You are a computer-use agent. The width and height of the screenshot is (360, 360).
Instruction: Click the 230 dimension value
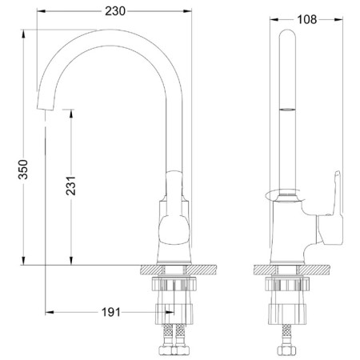tap(115, 11)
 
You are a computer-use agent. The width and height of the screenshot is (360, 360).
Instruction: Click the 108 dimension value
tap(307, 19)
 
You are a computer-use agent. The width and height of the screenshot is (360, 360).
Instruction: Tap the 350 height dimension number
tap(23, 170)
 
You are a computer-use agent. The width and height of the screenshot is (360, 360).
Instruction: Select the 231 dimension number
tap(71, 186)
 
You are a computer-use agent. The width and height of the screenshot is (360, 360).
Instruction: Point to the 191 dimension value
tap(111, 312)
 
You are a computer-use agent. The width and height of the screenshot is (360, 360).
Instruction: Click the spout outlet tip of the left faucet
tap(45, 108)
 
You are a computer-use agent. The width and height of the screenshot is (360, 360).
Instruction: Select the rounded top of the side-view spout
tap(287, 34)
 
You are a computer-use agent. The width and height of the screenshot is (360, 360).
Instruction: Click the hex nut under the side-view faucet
tap(286, 350)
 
